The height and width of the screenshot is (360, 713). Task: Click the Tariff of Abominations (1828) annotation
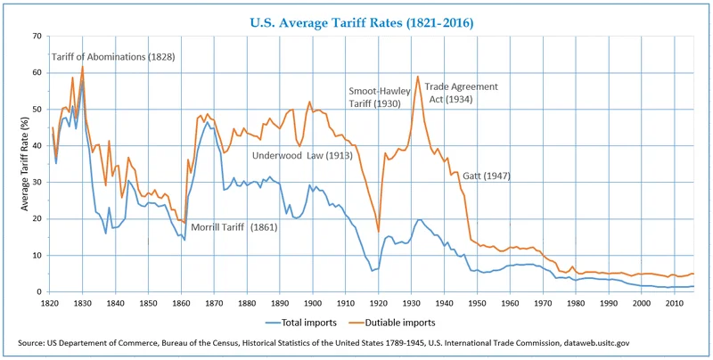click(x=113, y=57)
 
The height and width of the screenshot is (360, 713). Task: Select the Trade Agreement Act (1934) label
click(x=461, y=94)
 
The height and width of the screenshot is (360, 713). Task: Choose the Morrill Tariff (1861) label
click(x=234, y=227)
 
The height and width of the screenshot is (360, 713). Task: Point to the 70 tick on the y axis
click(x=37, y=37)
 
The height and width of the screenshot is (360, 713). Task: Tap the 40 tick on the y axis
click(x=37, y=146)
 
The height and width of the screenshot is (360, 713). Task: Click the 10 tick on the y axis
click(x=37, y=256)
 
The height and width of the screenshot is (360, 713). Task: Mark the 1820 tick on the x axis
click(x=50, y=303)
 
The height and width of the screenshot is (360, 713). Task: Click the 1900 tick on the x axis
click(x=313, y=303)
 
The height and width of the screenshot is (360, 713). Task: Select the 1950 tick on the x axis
click(x=477, y=303)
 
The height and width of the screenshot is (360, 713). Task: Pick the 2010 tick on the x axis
click(x=674, y=303)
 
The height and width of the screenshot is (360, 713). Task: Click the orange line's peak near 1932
click(x=418, y=77)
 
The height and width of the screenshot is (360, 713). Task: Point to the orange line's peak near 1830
click(x=83, y=67)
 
